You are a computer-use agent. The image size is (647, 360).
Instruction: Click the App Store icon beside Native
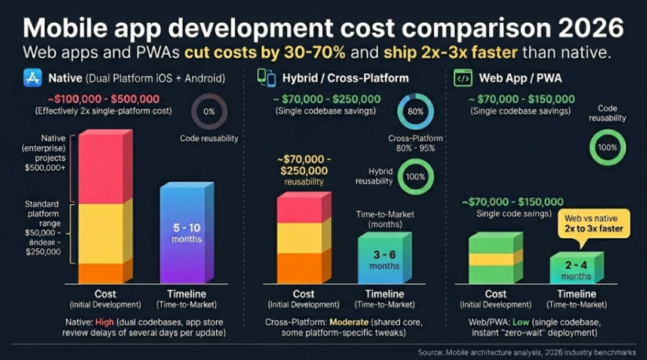pos(32,78)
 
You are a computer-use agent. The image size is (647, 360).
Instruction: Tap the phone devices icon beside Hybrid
pos(266,78)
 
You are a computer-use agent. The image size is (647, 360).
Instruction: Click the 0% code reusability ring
pos(209,112)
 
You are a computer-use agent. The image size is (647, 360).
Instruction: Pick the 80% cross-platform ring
pos(416,112)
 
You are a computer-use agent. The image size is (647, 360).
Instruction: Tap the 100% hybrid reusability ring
pos(416,177)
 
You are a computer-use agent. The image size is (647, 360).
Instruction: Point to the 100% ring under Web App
pos(608,147)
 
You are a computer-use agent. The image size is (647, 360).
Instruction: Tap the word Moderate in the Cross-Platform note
pos(349,322)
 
